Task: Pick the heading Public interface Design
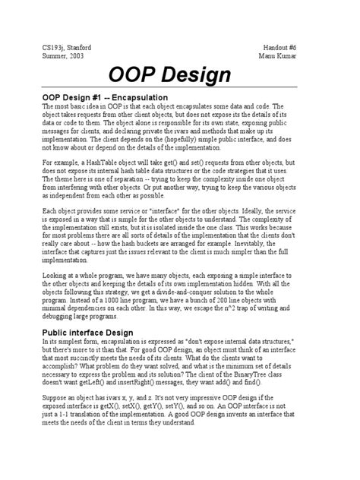click(x=88, y=333)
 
